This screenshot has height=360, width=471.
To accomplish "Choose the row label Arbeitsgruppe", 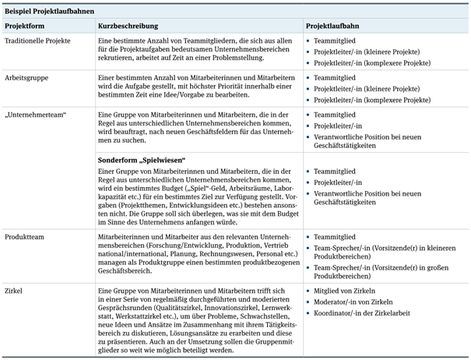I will pos(29,78).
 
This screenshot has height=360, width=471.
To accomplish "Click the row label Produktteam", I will pos(26,235).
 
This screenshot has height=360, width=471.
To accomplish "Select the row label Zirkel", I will pos(15,291).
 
